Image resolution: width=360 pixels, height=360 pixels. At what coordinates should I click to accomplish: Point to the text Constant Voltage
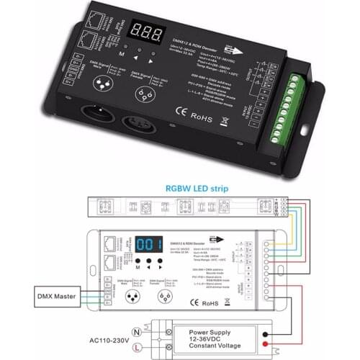pos(208,349)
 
